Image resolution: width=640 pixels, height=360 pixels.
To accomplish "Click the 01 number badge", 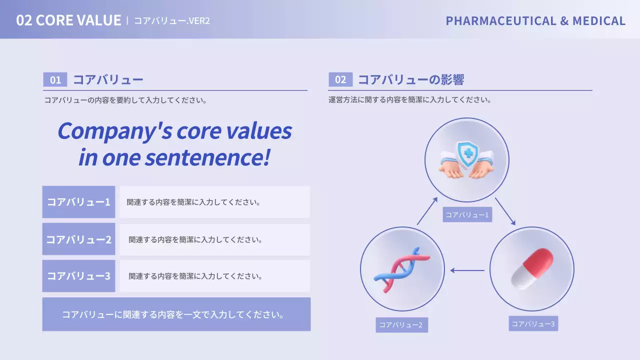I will click(55, 80).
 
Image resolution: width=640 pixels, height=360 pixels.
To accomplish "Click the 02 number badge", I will click(340, 80).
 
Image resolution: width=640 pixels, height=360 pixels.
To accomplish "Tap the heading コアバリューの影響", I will click(411, 80).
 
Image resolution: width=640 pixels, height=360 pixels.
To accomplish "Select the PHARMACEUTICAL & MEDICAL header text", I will click(535, 20).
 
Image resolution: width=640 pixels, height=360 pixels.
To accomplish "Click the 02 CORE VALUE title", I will click(68, 20).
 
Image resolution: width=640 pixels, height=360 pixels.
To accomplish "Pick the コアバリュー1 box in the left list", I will click(78, 202).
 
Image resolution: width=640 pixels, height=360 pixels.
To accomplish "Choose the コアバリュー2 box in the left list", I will click(78, 239).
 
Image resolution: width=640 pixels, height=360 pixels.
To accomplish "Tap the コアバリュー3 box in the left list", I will click(78, 275).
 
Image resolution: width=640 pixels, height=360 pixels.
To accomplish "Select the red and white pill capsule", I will click(532, 269).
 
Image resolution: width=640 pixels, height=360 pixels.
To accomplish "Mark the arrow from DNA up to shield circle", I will click(427, 210).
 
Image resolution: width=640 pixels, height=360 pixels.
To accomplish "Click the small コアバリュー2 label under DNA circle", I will click(401, 325).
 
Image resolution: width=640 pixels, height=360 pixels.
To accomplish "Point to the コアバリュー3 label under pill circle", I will click(533, 323).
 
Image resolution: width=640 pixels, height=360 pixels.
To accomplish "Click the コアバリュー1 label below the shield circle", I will click(467, 215).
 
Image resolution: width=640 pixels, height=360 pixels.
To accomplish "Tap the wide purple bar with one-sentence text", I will click(176, 314).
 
